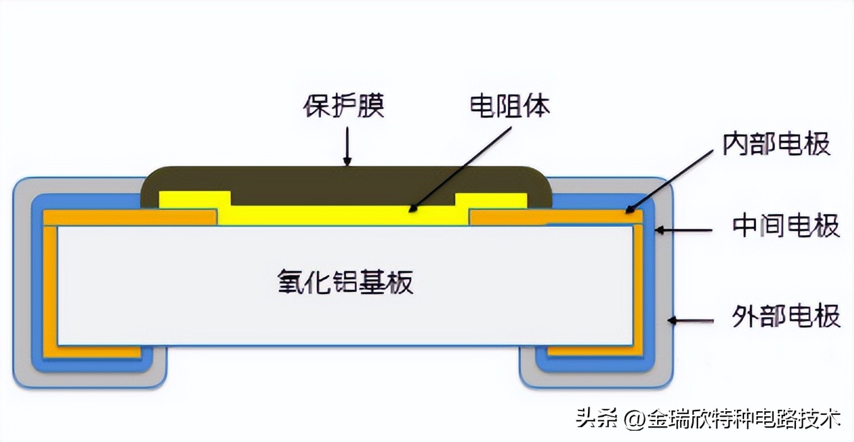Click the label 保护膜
(344, 107)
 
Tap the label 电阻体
(510, 106)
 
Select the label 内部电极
(776, 145)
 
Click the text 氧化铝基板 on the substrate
(346, 282)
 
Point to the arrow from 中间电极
(685, 230)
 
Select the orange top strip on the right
(556, 218)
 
